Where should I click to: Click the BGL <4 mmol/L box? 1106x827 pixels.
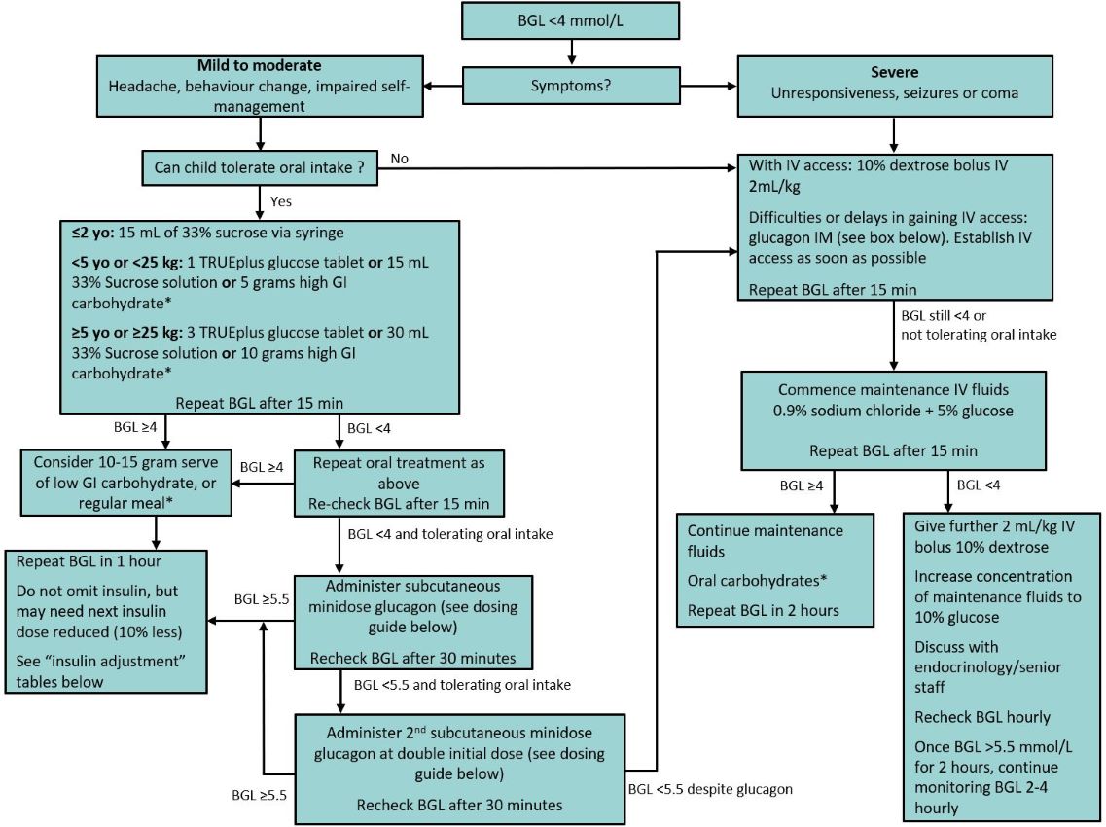tap(571, 19)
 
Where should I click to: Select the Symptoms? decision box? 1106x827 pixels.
tap(571, 86)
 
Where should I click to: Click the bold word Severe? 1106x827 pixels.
tap(894, 73)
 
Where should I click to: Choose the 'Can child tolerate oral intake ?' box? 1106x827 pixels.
tap(261, 167)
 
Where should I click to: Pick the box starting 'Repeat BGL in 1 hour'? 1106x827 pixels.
tap(107, 621)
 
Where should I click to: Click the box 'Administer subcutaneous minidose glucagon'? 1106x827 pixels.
tap(413, 622)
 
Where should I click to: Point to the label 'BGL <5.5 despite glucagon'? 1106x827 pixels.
tap(710, 789)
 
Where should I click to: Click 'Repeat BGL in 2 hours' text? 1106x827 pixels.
tap(765, 611)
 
